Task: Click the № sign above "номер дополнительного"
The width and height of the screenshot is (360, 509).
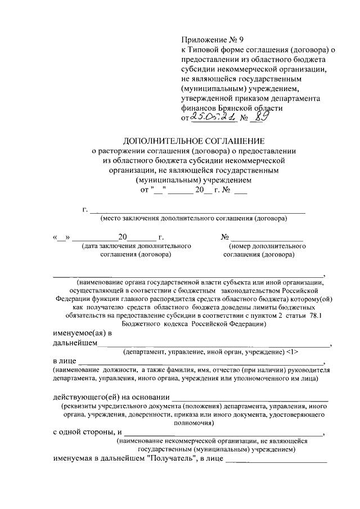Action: tap(224, 237)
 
